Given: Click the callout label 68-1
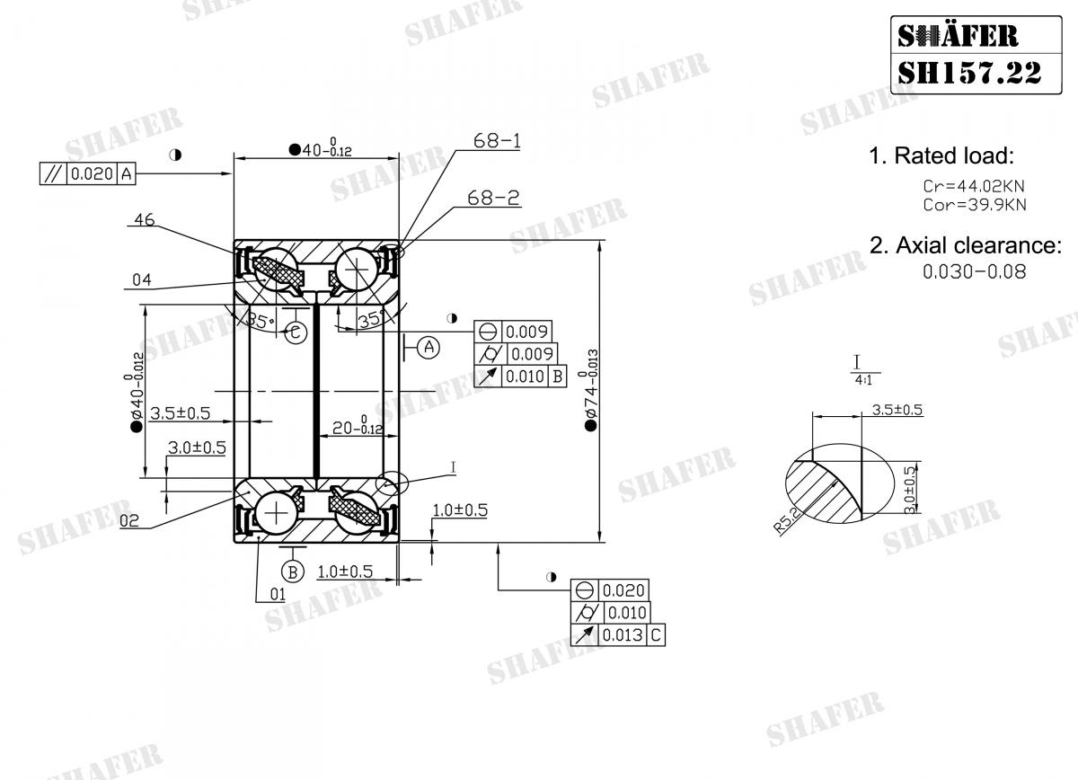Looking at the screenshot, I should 497,141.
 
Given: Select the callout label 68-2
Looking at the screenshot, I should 493,198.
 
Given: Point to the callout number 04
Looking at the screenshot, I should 141,280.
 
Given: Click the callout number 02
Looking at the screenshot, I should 128,519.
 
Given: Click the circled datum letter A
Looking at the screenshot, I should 429,346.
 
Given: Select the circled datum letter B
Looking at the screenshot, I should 292,571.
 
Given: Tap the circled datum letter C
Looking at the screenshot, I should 296,332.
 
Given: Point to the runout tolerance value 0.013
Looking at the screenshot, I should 623,635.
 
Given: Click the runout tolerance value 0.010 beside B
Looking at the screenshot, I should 524,377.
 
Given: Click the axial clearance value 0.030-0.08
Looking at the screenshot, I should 974,270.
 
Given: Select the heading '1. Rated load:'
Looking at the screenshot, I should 941,155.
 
